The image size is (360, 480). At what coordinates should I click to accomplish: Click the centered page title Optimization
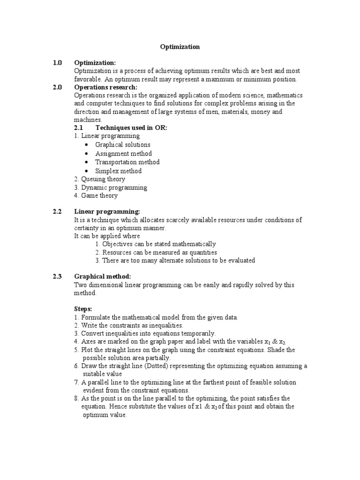click(180, 47)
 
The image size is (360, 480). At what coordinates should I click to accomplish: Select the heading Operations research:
click(105, 87)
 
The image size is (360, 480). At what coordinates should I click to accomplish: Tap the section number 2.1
click(79, 128)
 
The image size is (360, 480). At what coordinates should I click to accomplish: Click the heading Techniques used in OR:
click(131, 128)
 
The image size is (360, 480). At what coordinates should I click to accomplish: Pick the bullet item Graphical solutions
click(123, 145)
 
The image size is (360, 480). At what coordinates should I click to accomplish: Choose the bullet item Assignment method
click(123, 153)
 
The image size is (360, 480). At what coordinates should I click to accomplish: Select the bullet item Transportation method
click(127, 162)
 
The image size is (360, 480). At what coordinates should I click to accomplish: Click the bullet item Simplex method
click(118, 171)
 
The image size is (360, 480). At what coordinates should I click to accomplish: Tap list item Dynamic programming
click(114, 187)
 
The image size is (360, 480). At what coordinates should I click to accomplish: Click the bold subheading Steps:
click(83, 309)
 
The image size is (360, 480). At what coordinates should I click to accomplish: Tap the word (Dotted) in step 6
click(159, 366)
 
